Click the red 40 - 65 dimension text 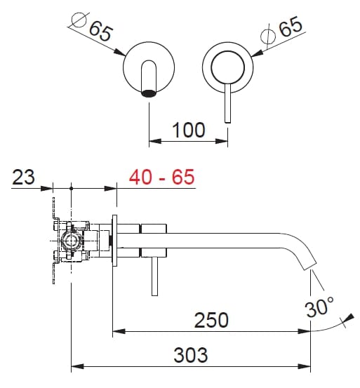coord(161,177)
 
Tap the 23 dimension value coord(23,177)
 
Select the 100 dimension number coord(188,130)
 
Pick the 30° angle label coord(320,307)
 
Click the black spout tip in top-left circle coord(149,92)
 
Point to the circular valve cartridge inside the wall coord(71,243)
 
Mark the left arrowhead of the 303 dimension coord(77,366)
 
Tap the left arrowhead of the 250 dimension coord(119,331)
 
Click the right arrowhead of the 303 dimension coord(307,366)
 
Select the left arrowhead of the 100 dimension coord(154,142)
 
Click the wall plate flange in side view coord(114,239)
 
